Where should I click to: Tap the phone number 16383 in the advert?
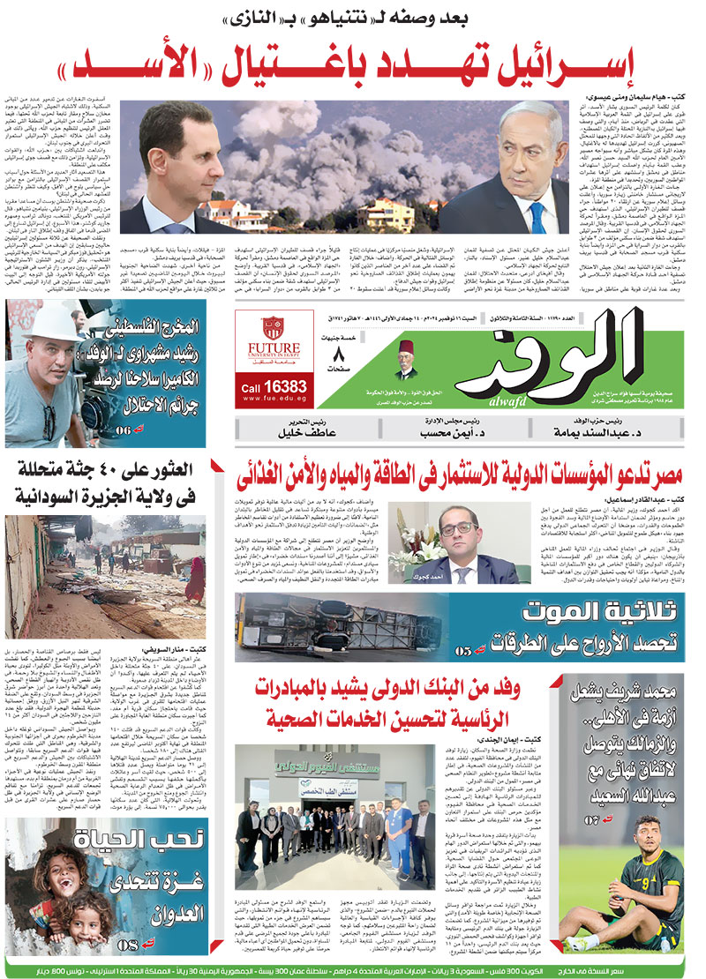click(274, 386)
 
